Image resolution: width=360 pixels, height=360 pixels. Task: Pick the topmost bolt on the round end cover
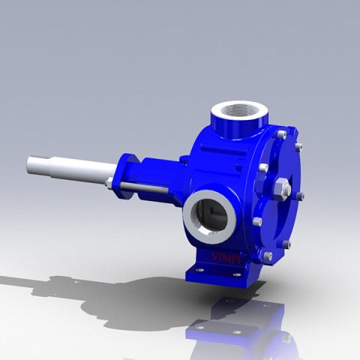[x=280, y=135]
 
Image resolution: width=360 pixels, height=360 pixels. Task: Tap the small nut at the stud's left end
[x=110, y=184]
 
